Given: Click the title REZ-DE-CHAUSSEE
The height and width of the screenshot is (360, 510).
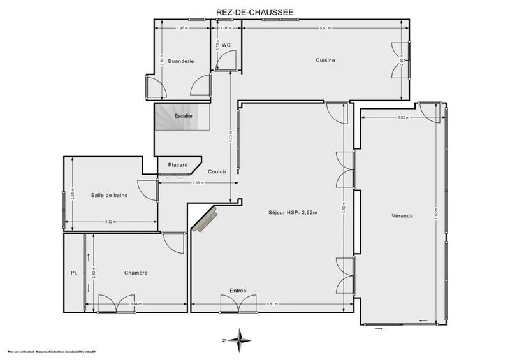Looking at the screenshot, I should click(255, 11).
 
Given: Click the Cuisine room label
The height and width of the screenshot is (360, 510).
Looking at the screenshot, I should click(325, 61).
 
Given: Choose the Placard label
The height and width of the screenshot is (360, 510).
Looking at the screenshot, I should click(178, 165).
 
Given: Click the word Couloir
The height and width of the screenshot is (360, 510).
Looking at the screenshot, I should click(217, 172).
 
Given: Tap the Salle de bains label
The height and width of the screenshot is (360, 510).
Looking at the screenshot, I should click(109, 195).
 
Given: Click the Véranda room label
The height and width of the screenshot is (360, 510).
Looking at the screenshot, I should click(402, 216).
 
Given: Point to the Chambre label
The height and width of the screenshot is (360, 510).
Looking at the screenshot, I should click(136, 273).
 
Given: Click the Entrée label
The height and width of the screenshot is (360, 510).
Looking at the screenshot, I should click(238, 291).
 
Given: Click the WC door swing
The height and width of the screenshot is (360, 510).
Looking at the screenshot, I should click(225, 61).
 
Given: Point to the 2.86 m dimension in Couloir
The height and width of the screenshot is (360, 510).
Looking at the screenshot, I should click(198, 183).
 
